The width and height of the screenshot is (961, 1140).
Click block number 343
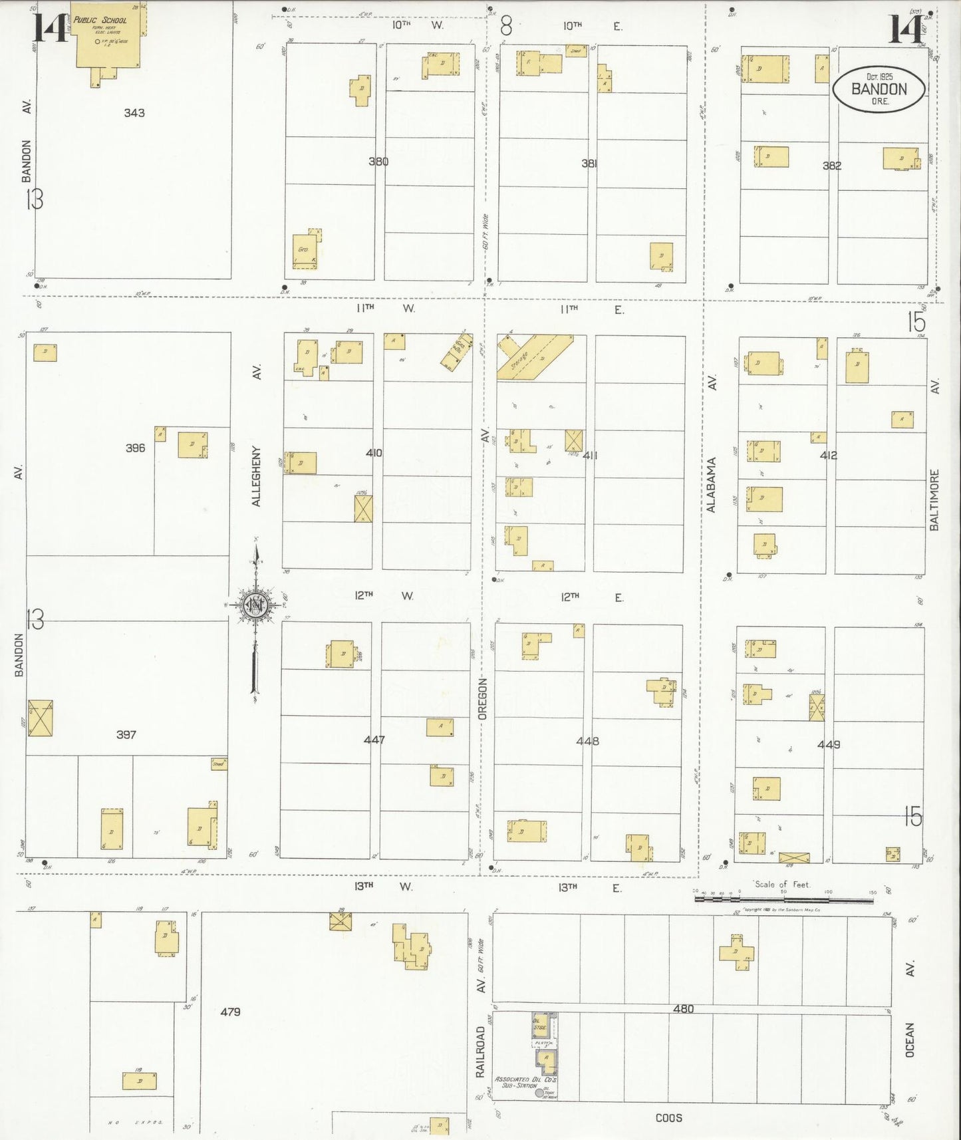click(x=134, y=113)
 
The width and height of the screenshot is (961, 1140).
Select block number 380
click(x=378, y=162)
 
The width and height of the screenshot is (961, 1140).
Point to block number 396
click(x=135, y=448)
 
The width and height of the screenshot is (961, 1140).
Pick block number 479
click(x=230, y=1012)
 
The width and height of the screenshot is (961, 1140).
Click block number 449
click(x=829, y=745)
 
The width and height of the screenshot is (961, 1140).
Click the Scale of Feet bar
click(x=783, y=899)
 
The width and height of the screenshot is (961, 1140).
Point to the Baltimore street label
click(x=934, y=499)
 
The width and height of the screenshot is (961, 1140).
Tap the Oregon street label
click(x=483, y=698)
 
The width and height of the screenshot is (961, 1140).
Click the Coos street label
click(x=668, y=1118)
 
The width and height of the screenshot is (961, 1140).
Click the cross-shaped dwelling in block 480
click(x=736, y=951)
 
